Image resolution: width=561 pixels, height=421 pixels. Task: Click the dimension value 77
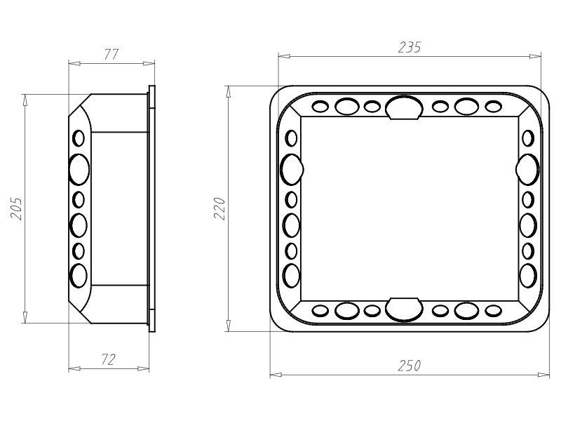(x=111, y=55)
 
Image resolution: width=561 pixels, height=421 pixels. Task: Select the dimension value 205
(x=16, y=208)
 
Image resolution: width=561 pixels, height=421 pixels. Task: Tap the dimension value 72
(x=108, y=359)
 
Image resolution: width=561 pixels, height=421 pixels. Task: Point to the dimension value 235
(x=410, y=47)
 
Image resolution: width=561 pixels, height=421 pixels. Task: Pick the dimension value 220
(x=219, y=208)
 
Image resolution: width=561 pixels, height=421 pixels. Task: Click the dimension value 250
(x=410, y=366)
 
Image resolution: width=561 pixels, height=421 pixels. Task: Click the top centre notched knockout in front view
(x=404, y=107)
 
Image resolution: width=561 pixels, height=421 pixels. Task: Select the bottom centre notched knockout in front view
(x=404, y=309)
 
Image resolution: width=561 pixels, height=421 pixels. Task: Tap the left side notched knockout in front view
(x=292, y=169)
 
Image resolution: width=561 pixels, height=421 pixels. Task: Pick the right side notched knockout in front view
(x=527, y=169)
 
